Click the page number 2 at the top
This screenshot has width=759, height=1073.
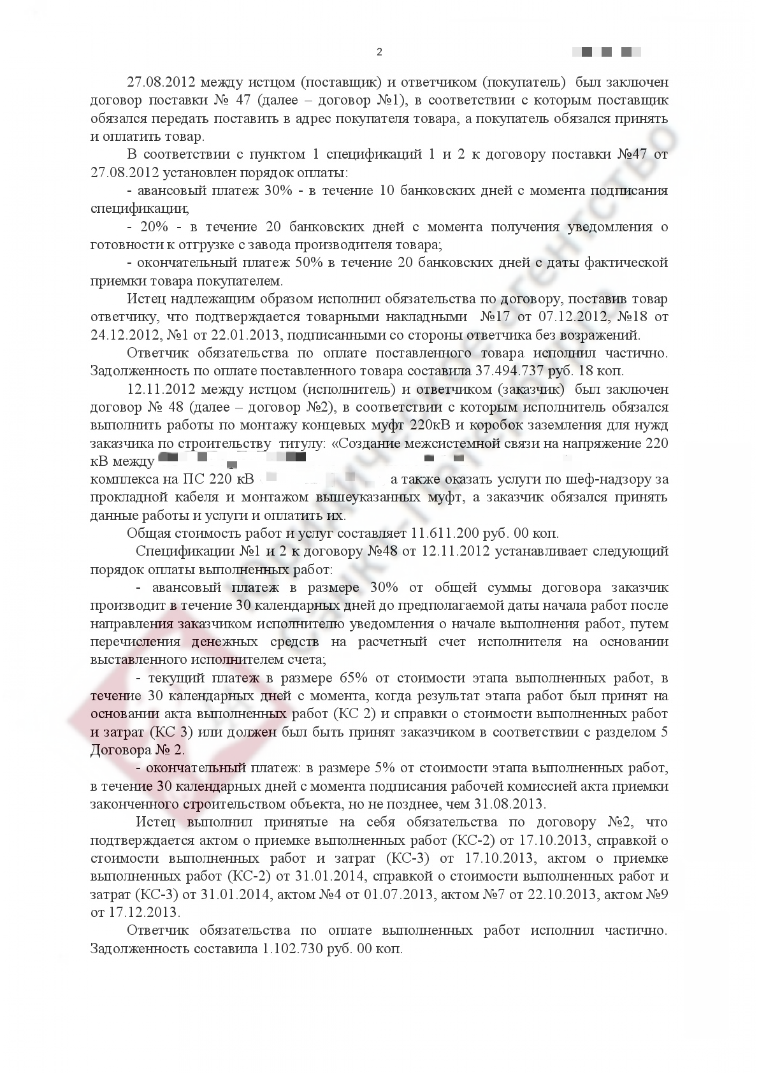pos(379,52)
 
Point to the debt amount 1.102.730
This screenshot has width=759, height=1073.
pos(293,948)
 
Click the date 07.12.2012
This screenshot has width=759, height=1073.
pos(583,317)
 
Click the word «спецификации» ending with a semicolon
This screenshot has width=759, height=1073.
pos(140,208)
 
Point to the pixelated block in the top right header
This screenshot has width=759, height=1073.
pos(607,52)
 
